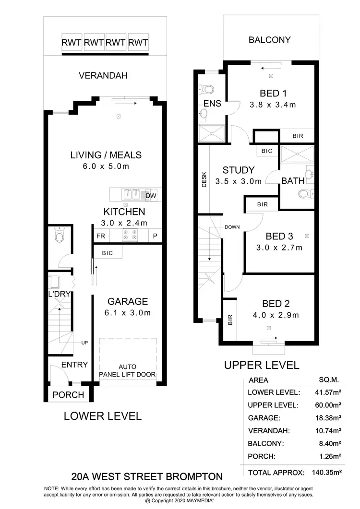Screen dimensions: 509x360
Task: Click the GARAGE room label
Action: click(128, 301)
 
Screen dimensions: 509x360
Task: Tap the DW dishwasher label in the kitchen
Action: click(150, 195)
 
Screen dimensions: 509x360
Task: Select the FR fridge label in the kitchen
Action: click(101, 236)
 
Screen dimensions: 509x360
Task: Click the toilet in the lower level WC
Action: click(60, 236)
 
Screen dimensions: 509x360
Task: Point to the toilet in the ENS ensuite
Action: click(207, 89)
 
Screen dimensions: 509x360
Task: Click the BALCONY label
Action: click(269, 40)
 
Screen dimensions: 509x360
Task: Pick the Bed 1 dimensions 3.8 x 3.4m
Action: click(273, 105)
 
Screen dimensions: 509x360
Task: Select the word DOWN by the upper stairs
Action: click(232, 227)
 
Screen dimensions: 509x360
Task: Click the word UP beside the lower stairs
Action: click(84, 343)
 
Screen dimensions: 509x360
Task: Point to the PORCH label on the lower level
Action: click(68, 395)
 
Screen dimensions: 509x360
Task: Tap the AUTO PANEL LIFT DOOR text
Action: click(128, 371)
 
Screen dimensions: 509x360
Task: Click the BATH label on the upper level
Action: click(293, 181)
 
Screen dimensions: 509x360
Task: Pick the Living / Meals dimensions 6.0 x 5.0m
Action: click(106, 166)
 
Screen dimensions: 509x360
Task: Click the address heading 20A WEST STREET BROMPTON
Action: click(147, 477)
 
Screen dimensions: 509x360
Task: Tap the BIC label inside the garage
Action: click(108, 253)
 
